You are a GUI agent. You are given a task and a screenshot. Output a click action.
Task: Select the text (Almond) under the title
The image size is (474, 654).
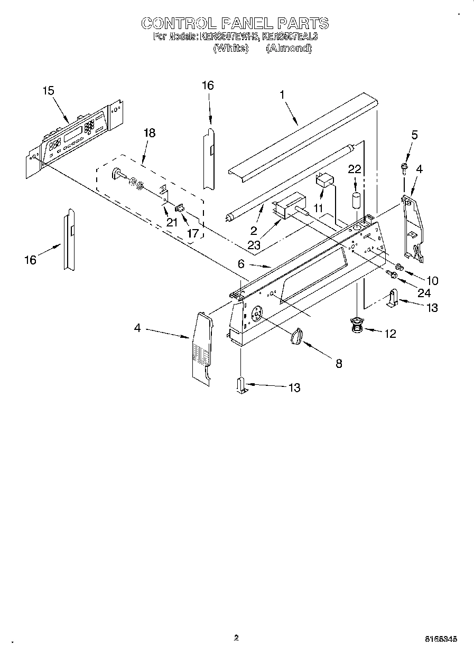[289, 48]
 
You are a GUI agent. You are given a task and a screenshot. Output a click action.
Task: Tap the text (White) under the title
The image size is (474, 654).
[230, 48]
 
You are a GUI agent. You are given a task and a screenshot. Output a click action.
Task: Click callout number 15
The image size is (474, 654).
[48, 91]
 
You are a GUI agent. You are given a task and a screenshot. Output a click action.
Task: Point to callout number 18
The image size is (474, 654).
[150, 132]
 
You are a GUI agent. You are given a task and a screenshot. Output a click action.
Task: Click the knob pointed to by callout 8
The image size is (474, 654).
[298, 336]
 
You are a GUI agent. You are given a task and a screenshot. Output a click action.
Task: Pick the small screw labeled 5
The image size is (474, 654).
[405, 168]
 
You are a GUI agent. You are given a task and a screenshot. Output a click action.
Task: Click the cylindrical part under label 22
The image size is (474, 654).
[356, 202]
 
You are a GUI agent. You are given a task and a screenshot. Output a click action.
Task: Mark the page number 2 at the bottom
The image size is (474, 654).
[236, 638]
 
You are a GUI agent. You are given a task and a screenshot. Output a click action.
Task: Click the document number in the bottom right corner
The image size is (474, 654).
[441, 639]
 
